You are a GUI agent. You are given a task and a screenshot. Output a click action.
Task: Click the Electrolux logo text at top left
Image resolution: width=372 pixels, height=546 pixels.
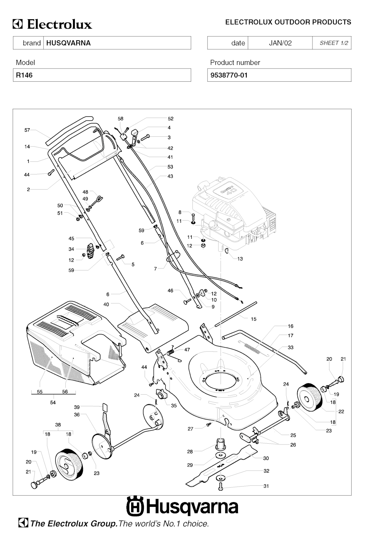[x=53, y=24]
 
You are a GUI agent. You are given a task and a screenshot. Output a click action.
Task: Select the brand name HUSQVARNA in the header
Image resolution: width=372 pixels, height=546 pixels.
[x=68, y=43]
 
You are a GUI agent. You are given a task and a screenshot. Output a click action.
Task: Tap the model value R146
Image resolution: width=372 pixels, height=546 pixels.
[x=24, y=75]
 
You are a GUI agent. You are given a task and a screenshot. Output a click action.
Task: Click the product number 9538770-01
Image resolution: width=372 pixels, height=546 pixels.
[x=229, y=75]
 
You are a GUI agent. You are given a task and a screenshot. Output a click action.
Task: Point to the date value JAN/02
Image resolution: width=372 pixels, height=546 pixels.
[x=280, y=43]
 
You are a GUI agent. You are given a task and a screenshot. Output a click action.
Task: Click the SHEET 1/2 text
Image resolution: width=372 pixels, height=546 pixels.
[x=333, y=43]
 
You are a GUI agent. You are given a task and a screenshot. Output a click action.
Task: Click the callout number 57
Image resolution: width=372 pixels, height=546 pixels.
[x=27, y=130]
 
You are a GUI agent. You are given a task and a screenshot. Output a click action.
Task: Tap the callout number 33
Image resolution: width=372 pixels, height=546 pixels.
[x=291, y=347]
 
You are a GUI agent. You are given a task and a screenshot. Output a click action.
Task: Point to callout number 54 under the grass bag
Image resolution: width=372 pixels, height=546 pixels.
[x=53, y=402]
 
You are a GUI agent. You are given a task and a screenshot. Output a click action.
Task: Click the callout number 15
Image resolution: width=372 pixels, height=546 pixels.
[x=254, y=319]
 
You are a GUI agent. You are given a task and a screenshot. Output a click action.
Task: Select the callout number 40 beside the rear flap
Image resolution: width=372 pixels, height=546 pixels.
[x=106, y=304]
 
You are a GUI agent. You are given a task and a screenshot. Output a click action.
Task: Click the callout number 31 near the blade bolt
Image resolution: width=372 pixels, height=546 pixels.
[x=266, y=486]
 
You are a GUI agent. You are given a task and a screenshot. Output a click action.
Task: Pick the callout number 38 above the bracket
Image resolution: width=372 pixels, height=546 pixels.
[x=58, y=424]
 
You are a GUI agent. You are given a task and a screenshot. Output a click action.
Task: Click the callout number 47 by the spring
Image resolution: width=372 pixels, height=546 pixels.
[x=187, y=350]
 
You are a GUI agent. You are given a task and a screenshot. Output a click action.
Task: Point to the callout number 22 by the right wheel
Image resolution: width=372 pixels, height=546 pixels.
[x=341, y=411]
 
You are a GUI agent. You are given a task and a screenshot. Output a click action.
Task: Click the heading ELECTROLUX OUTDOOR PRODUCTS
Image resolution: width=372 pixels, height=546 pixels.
[x=288, y=22]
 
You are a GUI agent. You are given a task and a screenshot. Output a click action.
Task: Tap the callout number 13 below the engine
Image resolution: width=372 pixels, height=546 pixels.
[x=240, y=259]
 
